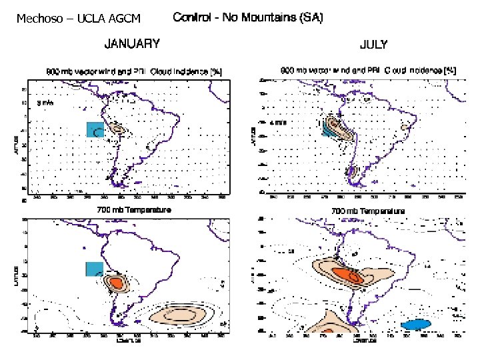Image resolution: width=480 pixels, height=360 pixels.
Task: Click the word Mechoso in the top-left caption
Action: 36,19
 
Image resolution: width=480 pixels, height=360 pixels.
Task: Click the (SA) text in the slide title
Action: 310,18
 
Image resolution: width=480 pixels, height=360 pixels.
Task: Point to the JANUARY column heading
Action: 131,45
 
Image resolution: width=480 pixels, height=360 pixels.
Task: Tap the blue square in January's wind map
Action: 95,129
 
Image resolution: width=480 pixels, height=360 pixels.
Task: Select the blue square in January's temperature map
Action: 94,269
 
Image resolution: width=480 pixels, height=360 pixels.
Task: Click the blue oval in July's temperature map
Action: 417,323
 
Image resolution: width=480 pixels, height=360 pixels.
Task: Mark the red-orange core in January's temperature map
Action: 117,282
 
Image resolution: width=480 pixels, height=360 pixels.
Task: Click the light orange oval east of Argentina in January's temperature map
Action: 180,314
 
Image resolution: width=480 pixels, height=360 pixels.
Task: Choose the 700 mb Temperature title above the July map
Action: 368,211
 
